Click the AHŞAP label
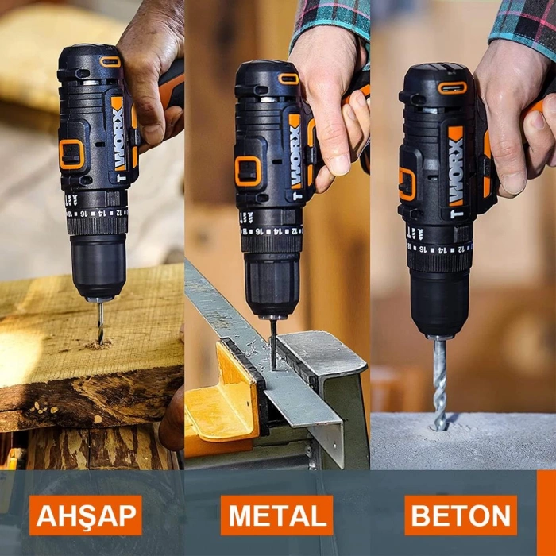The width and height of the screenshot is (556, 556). point(86,515)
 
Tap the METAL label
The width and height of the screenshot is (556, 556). point(276,515)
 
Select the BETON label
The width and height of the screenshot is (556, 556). point(461,515)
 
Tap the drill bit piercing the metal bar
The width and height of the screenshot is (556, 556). point(272,342)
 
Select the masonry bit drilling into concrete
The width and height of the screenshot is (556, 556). point(439,381)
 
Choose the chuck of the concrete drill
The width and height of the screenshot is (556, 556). point(439,302)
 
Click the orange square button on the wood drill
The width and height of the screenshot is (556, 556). point(71,154)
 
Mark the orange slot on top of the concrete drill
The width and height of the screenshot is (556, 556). point(452,87)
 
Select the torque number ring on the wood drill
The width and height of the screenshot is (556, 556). point(97,214)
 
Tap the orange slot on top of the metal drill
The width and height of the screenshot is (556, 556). point(288,79)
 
